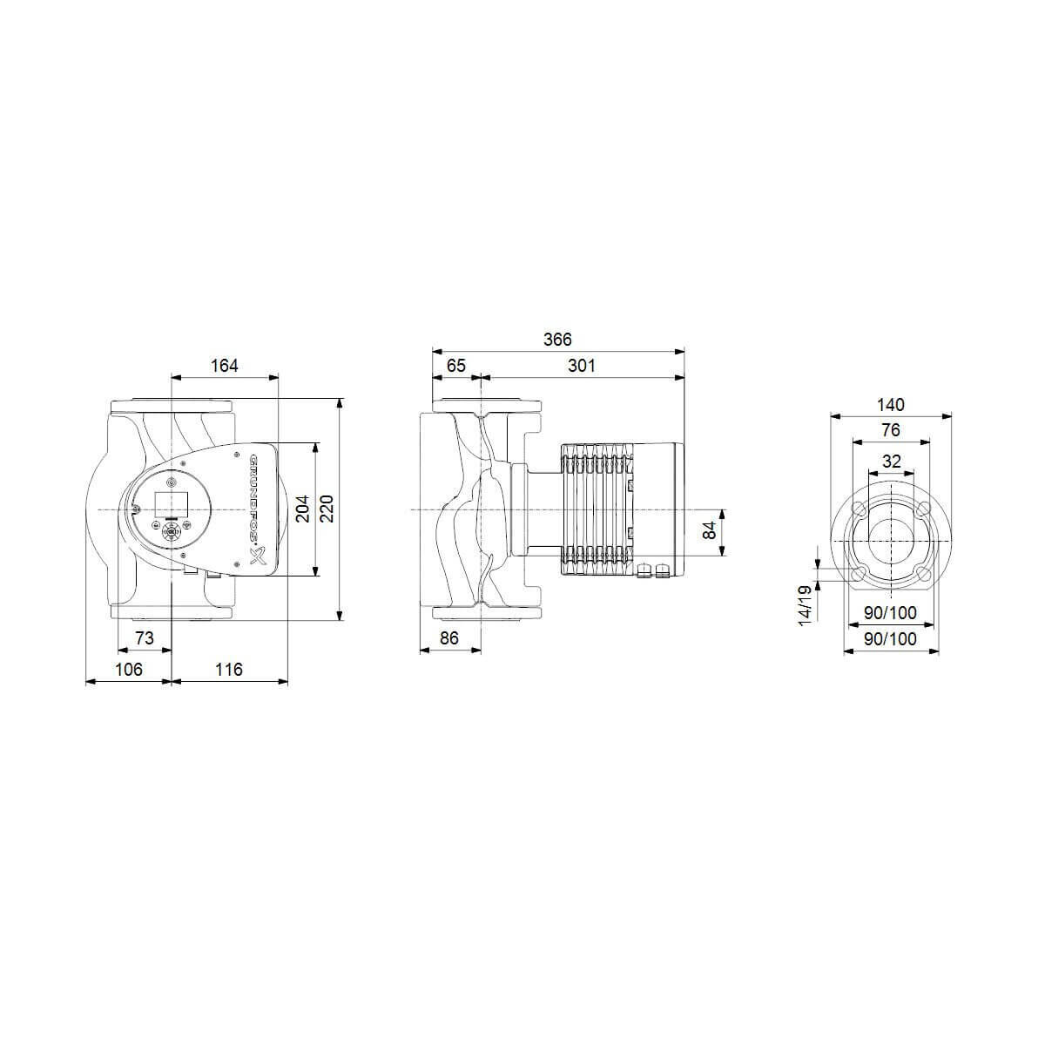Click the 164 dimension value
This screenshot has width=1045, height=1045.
point(224,366)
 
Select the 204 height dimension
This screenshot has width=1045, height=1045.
point(302,509)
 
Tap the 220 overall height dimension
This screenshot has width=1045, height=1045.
point(327,509)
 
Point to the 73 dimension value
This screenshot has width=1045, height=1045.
point(145,638)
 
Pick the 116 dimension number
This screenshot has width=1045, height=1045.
point(228,670)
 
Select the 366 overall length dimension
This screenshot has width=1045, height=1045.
point(557,340)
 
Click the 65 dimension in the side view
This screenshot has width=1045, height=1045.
point(455,366)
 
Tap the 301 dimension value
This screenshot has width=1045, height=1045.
point(581,366)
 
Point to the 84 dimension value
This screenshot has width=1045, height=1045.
point(710,529)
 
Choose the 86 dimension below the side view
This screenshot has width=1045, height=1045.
point(448,638)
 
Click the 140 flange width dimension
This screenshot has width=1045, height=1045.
point(890,405)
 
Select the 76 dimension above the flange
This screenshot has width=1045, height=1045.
point(890,430)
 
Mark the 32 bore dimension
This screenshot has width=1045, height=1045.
point(890,462)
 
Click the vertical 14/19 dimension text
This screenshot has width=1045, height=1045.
point(806,603)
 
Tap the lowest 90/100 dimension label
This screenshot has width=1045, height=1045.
point(890,638)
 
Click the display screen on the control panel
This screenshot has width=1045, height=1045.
point(171,502)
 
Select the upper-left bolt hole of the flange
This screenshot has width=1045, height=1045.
point(859,509)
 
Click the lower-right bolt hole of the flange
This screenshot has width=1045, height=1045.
point(922,573)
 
